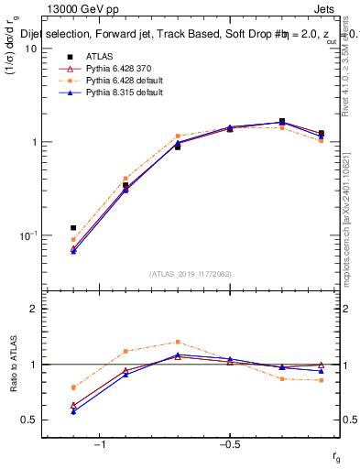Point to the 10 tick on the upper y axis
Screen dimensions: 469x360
pyautogui.click(x=32, y=49)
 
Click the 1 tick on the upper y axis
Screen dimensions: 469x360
pyautogui.click(x=35, y=142)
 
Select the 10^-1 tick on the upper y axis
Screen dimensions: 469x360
pyautogui.click(x=29, y=235)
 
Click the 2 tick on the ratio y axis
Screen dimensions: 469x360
pyautogui.click(x=35, y=309)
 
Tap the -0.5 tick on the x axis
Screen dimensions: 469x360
pyautogui.click(x=227, y=445)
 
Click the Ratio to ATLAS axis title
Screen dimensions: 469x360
pyautogui.click(x=12, y=363)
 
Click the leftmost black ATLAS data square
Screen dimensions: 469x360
pyautogui.click(x=73, y=227)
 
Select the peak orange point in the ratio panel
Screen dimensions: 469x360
pyautogui.click(x=178, y=342)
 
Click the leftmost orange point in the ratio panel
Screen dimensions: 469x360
pyautogui.click(x=73, y=387)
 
